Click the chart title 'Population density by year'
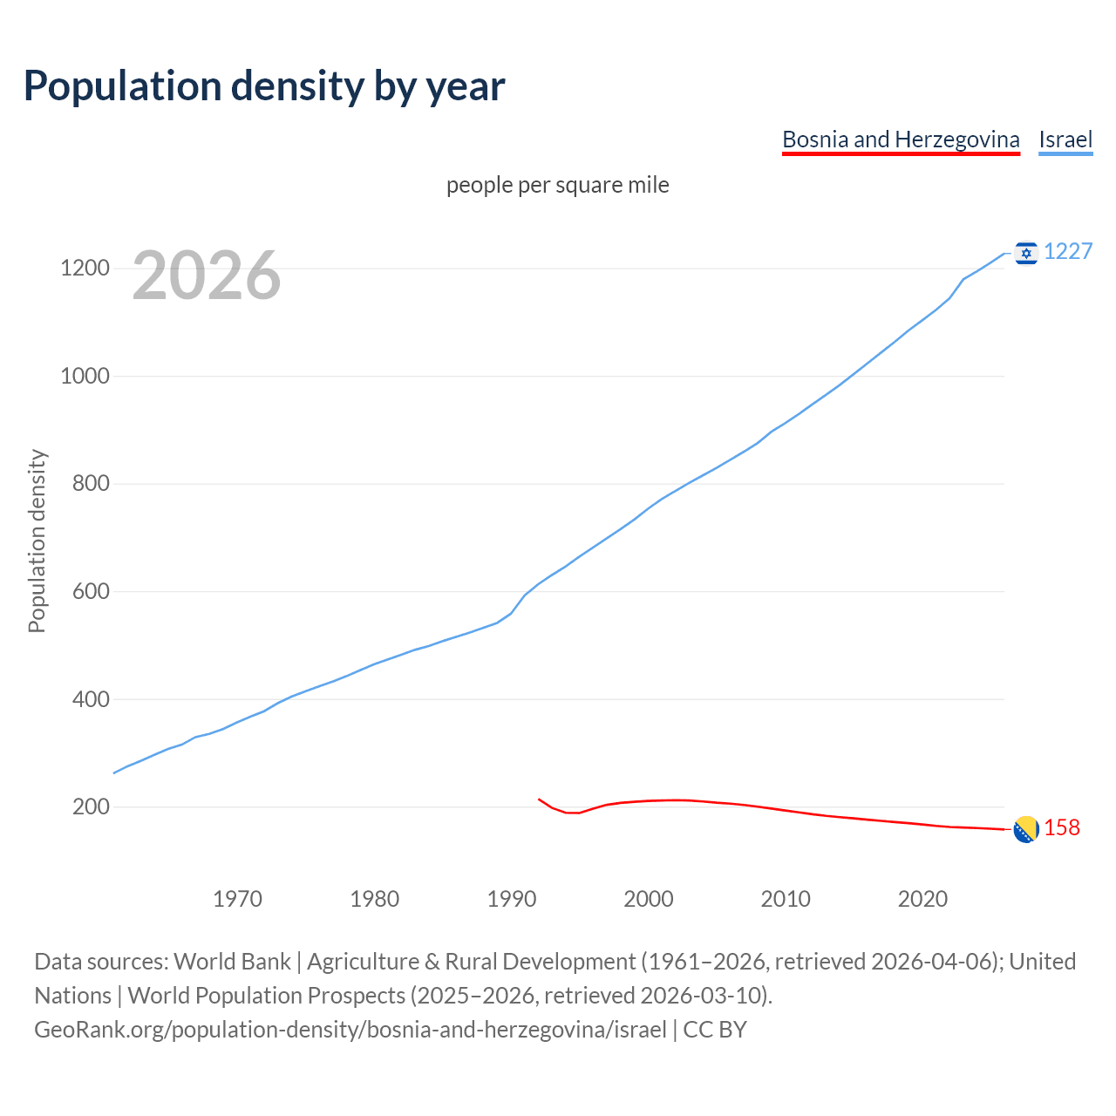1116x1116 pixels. coord(264,85)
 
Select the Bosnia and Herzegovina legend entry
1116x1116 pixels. coord(901,139)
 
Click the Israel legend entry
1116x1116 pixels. coord(1065,139)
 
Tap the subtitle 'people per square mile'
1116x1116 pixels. coord(558,185)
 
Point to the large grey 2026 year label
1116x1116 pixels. coord(207,276)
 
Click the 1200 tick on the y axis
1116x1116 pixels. coord(85,269)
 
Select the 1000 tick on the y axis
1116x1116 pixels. coord(85,376)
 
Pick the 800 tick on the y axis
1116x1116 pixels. coord(91,484)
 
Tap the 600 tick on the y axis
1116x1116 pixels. coord(91,591)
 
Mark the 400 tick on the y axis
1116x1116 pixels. coord(91,699)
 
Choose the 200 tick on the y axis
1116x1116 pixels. coord(91,806)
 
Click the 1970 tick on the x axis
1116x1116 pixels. coord(237,899)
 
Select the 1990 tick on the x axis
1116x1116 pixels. coord(512,899)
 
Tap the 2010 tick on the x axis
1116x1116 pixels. coord(786,899)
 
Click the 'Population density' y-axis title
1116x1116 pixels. coord(37,541)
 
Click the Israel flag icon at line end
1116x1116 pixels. coord(1026,253)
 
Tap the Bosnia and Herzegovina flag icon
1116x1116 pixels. coord(1026,829)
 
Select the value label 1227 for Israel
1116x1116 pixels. coord(1068,251)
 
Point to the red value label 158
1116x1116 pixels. coord(1062,827)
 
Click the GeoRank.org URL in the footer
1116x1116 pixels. coord(350,1030)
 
